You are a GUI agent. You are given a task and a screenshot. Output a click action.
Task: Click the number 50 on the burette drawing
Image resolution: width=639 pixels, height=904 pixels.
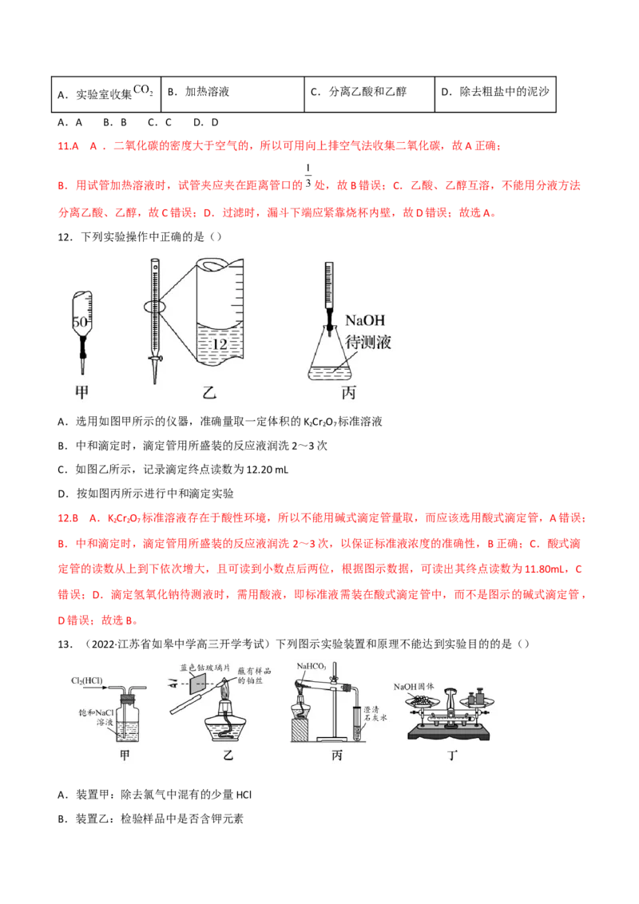[x=80, y=322]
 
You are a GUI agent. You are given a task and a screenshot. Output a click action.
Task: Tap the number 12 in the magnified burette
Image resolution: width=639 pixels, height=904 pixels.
[x=220, y=344]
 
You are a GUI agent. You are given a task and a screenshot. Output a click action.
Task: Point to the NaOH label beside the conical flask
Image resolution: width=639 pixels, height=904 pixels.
[x=364, y=320]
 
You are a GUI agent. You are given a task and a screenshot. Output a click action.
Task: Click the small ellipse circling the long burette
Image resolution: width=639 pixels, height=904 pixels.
[x=144, y=307]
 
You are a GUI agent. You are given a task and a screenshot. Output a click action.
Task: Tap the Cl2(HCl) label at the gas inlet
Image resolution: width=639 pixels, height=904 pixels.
[x=86, y=681]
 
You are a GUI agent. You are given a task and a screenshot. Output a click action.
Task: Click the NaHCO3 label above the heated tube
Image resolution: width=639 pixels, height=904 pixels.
[x=312, y=666]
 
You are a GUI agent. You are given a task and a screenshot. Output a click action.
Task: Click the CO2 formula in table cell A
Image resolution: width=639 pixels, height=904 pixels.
[x=143, y=90]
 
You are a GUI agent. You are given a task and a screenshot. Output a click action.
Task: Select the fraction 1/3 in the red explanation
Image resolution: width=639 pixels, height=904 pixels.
[x=308, y=175]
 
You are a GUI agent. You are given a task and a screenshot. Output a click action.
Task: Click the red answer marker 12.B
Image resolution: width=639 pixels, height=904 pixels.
[x=68, y=517]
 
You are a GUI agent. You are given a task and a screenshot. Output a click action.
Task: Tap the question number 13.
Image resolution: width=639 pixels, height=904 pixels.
[x=65, y=644]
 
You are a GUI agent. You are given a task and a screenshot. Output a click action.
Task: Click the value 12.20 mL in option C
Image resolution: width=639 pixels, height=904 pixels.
[x=267, y=470]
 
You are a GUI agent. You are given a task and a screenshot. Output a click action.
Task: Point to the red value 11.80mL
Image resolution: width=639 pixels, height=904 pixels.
[x=545, y=569]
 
